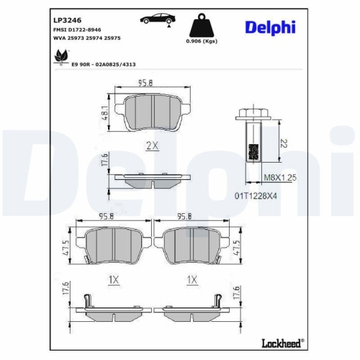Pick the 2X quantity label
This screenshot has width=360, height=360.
click(151, 145)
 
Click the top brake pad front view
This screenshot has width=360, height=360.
click(151, 114)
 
